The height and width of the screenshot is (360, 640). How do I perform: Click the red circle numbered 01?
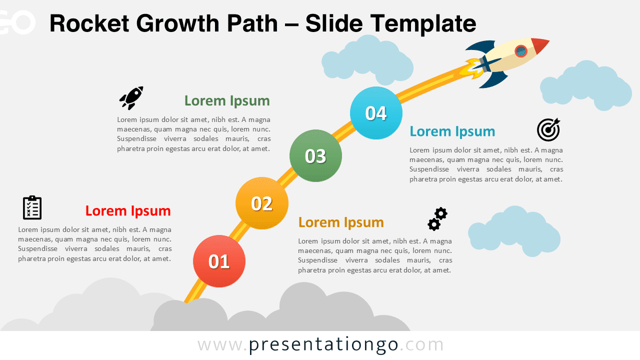[219, 261]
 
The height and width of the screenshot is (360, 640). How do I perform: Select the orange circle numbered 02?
[261, 203]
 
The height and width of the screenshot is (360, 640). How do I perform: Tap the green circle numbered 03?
[315, 155]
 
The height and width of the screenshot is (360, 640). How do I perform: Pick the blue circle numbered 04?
[376, 113]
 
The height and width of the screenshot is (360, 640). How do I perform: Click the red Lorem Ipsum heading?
[128, 210]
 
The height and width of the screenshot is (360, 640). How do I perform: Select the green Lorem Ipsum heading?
[227, 100]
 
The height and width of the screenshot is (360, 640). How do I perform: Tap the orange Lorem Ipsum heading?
[341, 222]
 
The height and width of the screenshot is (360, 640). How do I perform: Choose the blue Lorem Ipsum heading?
[452, 131]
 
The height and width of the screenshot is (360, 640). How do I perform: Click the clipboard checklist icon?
[32, 207]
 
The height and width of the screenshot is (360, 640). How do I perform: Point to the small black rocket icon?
[131, 97]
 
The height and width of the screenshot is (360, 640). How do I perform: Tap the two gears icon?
[437, 219]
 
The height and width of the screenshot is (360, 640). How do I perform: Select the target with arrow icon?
[548, 130]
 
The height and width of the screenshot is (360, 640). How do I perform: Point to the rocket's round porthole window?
[521, 51]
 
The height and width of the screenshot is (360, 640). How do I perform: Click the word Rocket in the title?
[88, 23]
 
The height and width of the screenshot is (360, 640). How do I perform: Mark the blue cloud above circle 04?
[367, 60]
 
